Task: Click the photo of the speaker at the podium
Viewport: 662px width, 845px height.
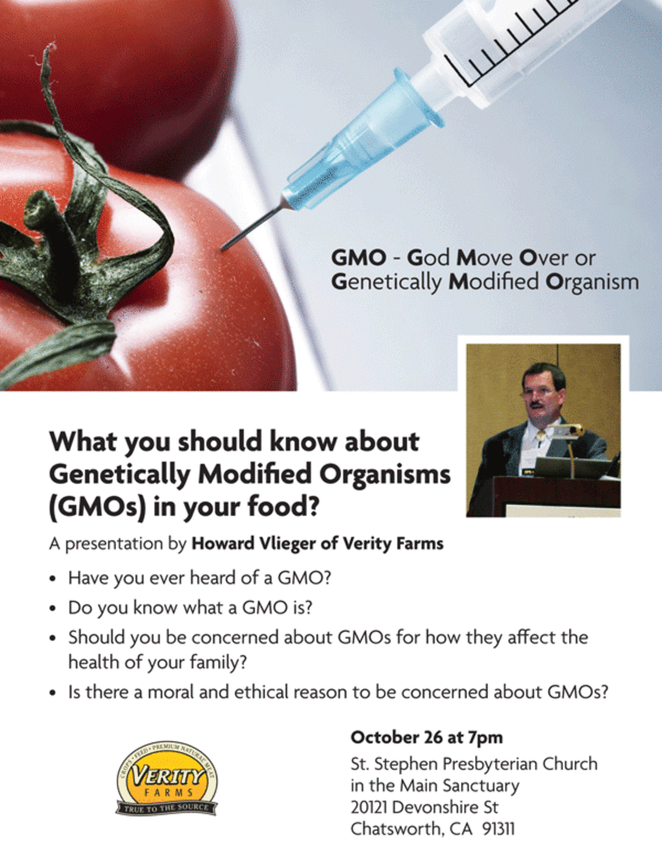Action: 543,430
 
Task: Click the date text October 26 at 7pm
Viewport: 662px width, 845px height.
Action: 426,737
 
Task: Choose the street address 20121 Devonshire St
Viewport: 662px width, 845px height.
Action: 424,807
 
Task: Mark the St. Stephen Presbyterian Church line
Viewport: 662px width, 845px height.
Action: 473,763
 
